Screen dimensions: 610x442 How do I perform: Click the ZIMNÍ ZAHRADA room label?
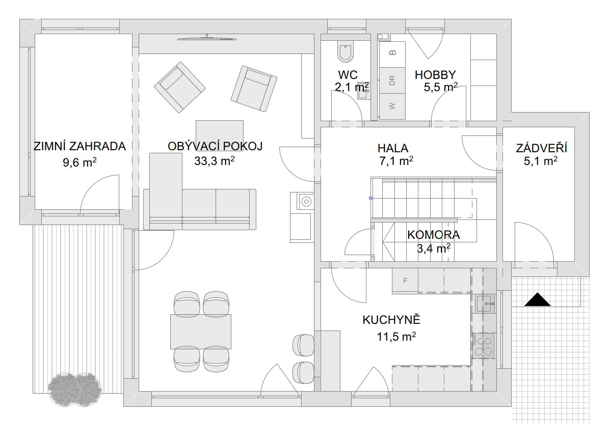[x=79, y=146]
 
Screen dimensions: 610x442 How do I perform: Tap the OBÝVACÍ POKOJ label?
[x=215, y=146]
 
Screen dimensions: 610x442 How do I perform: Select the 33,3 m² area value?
[x=215, y=160]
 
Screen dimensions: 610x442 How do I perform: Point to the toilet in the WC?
[x=346, y=51]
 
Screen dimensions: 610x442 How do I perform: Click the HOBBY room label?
[x=435, y=75]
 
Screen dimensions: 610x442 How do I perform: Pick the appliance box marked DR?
[x=392, y=80]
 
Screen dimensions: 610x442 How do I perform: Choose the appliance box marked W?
[x=392, y=106]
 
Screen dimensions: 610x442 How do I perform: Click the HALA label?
[x=393, y=148]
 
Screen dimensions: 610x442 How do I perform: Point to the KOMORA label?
[x=433, y=235]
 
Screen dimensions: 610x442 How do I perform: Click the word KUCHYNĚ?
[x=391, y=319]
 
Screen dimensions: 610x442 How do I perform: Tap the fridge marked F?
[x=405, y=280]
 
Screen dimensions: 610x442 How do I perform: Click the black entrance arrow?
[x=537, y=299]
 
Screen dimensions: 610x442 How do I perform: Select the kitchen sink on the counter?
[x=485, y=303]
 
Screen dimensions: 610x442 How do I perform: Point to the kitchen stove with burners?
[x=483, y=345]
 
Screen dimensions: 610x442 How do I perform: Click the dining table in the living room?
[x=201, y=331]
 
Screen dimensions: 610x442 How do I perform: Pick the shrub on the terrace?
[x=75, y=390]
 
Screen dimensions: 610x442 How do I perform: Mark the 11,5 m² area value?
[x=396, y=336]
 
